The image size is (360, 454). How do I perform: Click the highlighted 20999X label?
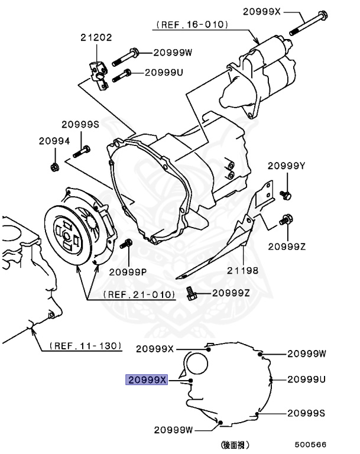[147, 380]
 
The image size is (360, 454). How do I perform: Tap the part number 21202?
[96, 38]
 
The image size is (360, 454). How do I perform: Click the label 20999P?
[128, 272]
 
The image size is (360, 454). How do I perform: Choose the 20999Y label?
[286, 166]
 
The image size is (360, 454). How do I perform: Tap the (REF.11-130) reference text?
[85, 345]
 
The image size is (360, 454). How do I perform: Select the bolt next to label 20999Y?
[285, 193]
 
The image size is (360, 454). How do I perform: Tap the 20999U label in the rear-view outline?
[307, 379]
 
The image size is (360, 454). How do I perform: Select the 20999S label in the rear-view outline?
[306, 413]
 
